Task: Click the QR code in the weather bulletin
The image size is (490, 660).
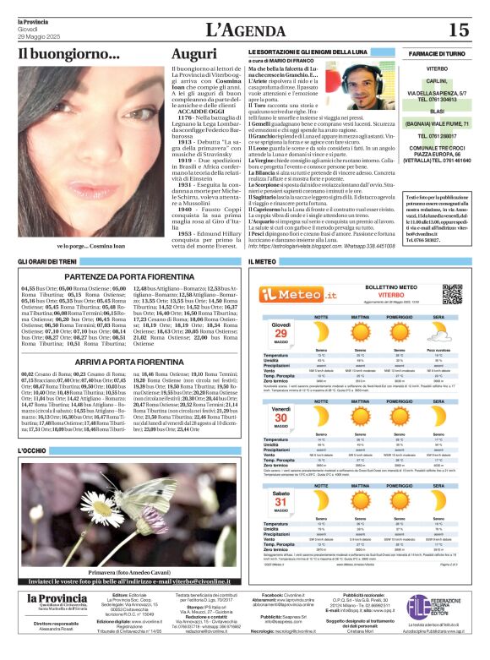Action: [452, 293]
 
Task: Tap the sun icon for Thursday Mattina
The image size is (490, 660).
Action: [364, 331]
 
